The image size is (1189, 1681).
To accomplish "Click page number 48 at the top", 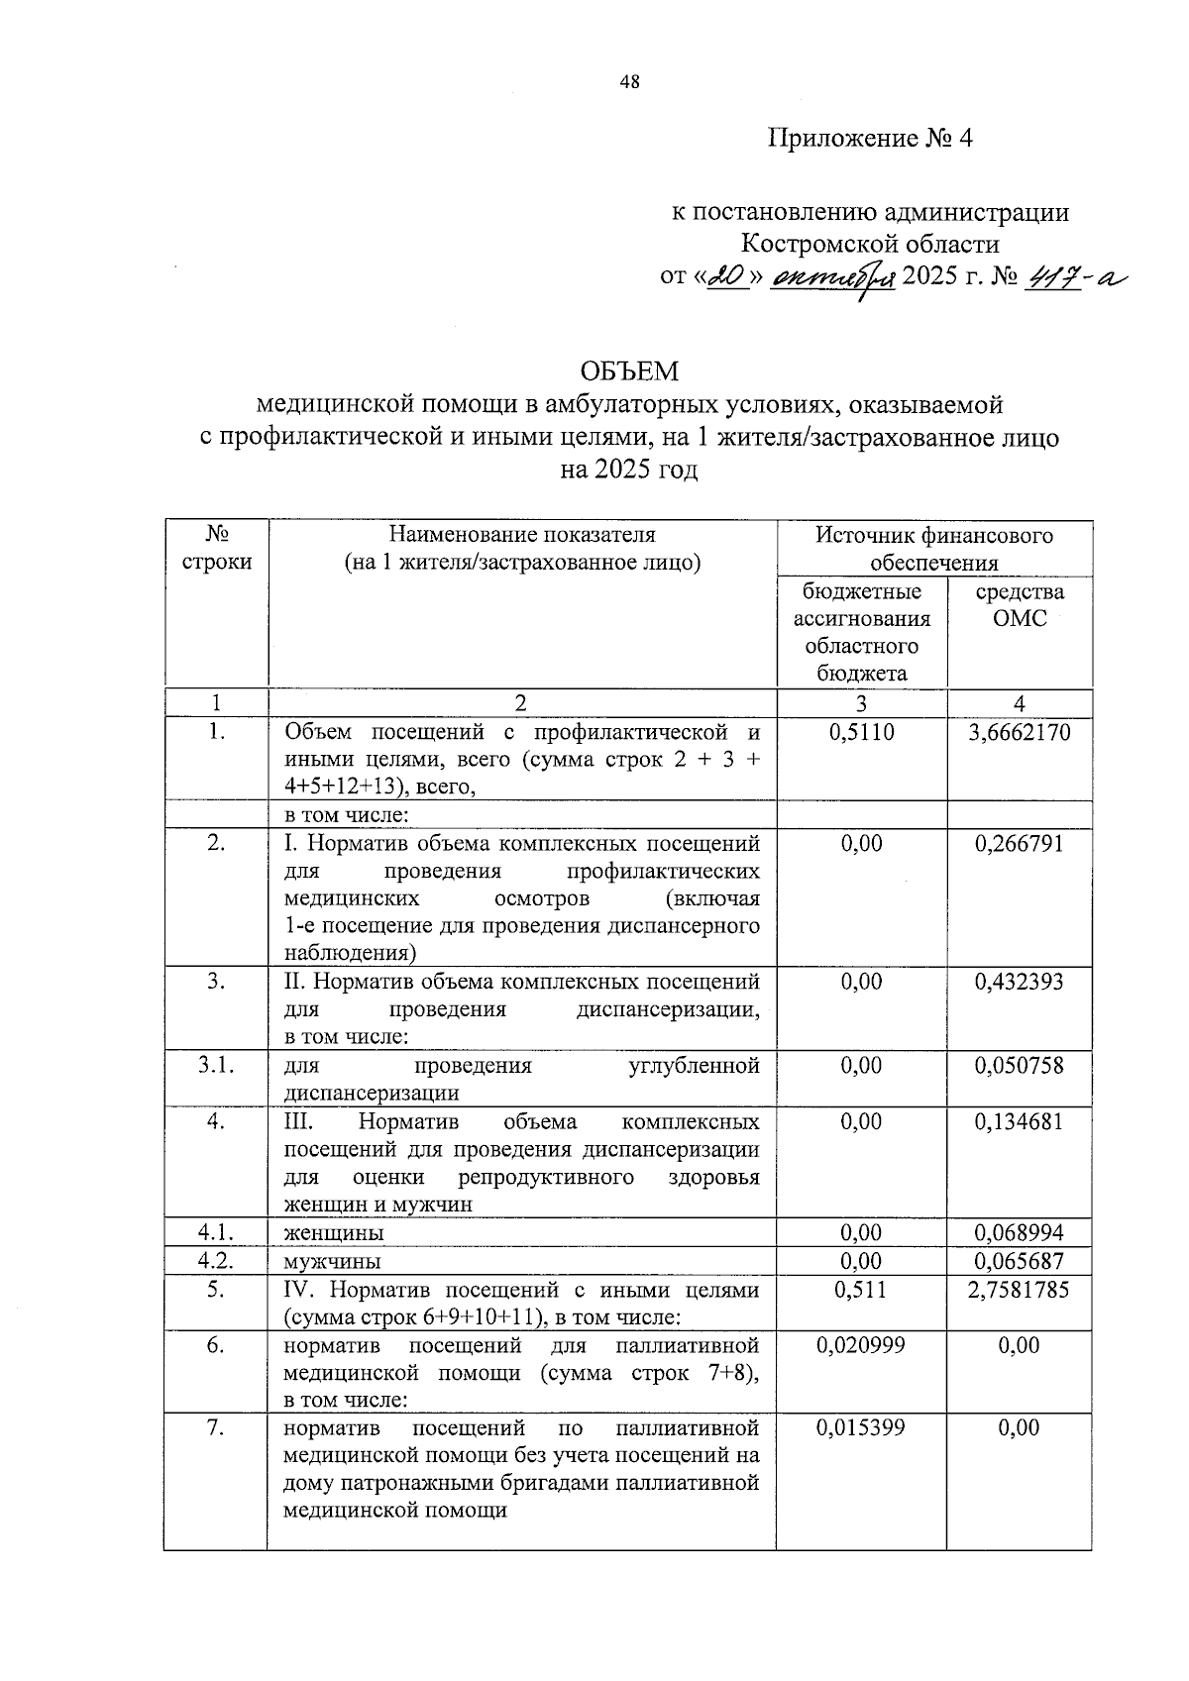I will [x=630, y=82].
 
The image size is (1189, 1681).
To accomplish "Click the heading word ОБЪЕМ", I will [x=629, y=371].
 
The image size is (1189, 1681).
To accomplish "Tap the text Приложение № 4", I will [x=871, y=139].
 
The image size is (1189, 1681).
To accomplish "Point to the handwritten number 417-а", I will [x=1078, y=278].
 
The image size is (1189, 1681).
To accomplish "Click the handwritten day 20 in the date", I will [x=729, y=278].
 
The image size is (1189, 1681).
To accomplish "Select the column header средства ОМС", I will [x=1020, y=605].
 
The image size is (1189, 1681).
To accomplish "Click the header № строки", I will [x=217, y=548].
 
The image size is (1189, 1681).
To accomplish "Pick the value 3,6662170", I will [x=1020, y=733].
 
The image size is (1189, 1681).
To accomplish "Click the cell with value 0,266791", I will [x=1020, y=844].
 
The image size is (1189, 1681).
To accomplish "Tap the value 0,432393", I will [x=1020, y=982].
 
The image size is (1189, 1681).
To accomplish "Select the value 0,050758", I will [x=1020, y=1066].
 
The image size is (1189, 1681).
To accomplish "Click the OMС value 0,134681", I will [x=1020, y=1121].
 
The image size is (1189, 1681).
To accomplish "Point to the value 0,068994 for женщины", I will [x=1020, y=1233].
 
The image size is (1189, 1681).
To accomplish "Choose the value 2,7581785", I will [x=1020, y=1290].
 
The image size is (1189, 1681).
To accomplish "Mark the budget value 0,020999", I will [x=860, y=1345].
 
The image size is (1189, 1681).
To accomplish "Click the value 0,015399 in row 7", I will [x=860, y=1427].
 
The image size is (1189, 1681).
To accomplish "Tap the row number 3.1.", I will [x=216, y=1066].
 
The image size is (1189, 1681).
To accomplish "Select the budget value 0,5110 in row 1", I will [x=860, y=733].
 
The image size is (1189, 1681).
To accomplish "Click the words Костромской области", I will [x=870, y=244].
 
